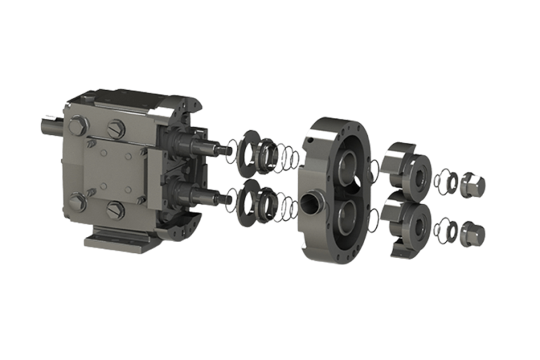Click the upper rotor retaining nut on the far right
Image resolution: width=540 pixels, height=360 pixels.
(472, 185)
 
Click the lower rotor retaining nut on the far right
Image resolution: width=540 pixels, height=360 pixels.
(472, 233)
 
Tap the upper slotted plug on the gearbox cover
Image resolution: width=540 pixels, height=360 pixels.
(116, 129)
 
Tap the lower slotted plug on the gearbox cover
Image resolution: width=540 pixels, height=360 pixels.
(116, 210)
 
